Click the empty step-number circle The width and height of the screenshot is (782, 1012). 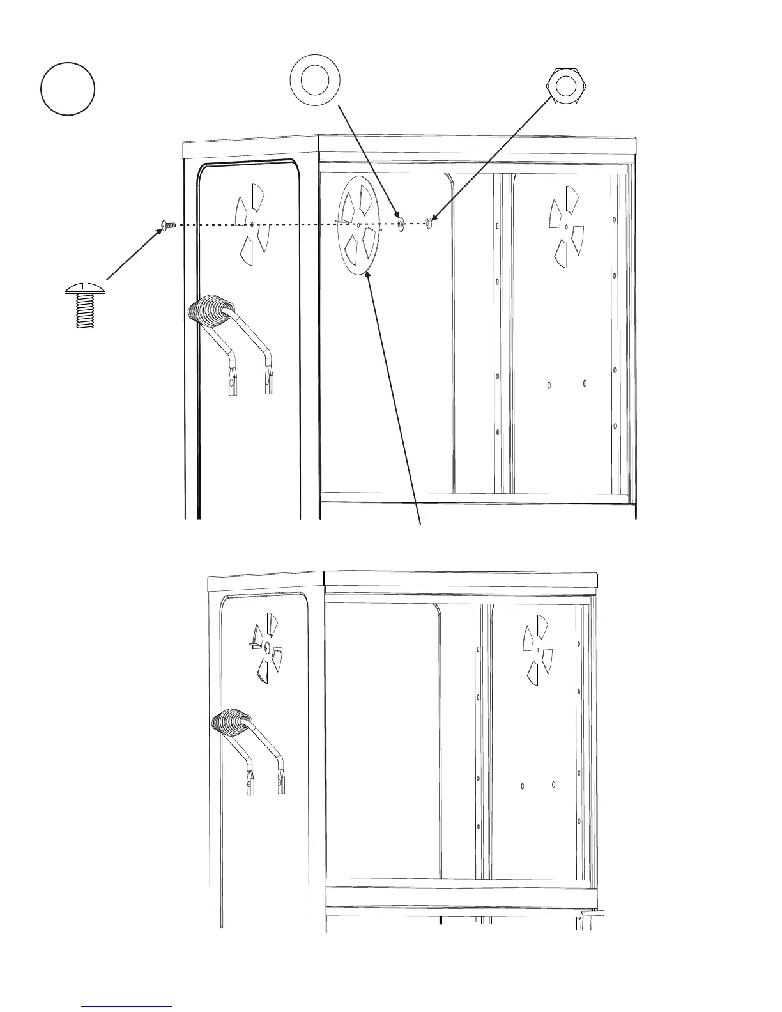(68, 89)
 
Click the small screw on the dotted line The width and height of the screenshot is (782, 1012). (169, 224)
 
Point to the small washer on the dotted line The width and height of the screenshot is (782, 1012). (400, 223)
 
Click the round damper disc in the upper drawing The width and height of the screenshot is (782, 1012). (358, 225)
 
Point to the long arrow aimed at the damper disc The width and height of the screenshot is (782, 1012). (395, 396)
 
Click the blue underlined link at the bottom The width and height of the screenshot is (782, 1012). (127, 1006)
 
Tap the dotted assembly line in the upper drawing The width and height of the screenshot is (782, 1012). (287, 224)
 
